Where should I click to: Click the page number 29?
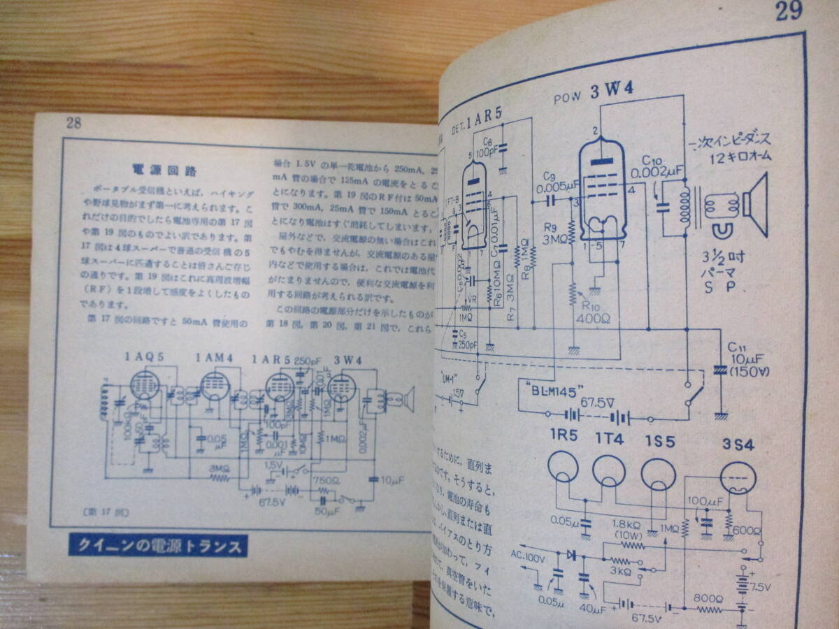coord(788,13)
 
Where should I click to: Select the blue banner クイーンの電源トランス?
coord(158,544)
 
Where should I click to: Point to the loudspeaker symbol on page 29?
coord(754,203)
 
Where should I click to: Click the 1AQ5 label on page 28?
coord(145,356)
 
